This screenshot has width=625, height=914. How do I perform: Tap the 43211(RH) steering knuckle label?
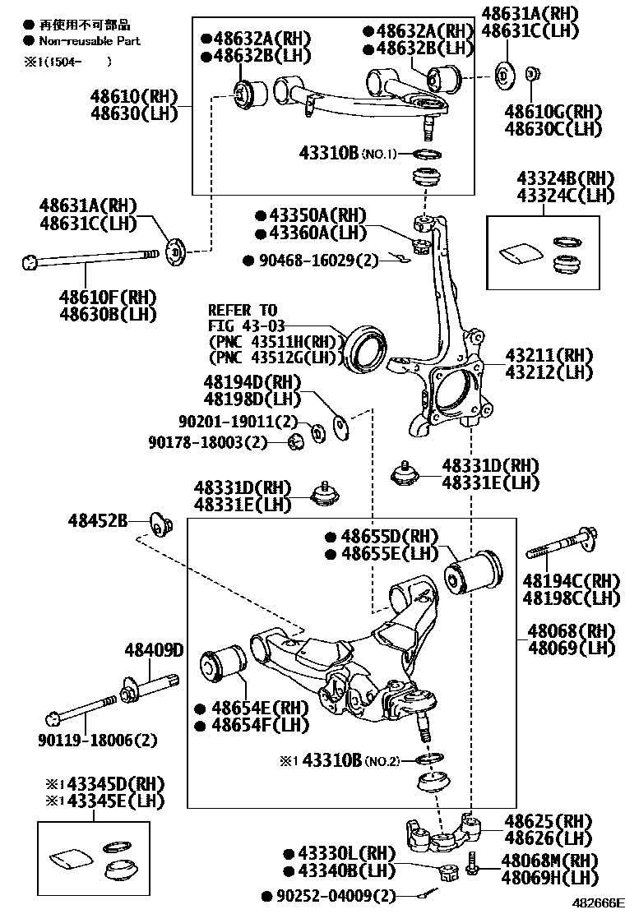[549, 356]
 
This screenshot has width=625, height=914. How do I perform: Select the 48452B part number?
[97, 520]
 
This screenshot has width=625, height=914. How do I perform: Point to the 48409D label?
[154, 650]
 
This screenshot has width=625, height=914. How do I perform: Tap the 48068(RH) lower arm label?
[571, 631]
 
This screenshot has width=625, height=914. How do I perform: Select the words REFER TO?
[243, 310]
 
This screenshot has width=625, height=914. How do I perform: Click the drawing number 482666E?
[598, 903]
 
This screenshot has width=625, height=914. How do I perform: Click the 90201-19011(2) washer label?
[238, 422]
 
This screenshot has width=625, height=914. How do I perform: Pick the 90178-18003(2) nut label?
[209, 442]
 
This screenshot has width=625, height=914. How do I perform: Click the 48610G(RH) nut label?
[553, 112]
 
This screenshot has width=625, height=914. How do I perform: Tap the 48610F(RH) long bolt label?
[108, 296]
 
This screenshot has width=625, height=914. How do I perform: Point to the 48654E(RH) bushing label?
[248, 708]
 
